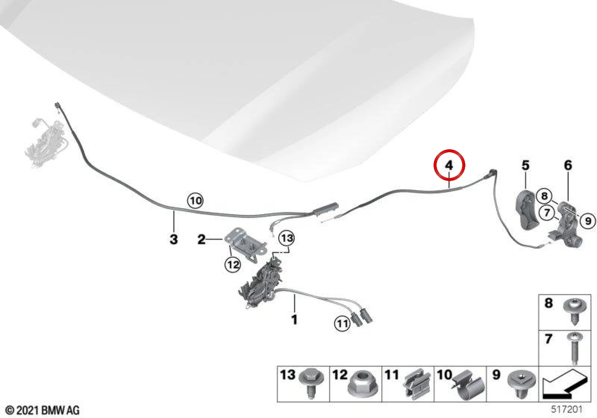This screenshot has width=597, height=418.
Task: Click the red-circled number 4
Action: tap(449, 166)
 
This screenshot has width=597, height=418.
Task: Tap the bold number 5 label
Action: tap(525, 166)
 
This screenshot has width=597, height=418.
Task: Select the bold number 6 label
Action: tap(568, 166)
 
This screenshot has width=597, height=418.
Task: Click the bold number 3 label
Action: tap(174, 239)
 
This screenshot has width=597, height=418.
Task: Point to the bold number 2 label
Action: tap(201, 239)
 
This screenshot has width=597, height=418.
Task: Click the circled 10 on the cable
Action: tap(196, 201)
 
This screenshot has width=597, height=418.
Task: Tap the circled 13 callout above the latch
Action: tap(287, 238)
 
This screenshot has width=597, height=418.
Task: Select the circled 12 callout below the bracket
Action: tap(233, 265)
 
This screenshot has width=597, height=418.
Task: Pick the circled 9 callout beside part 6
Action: tap(588, 221)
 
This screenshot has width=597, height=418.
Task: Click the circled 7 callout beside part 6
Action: tap(547, 212)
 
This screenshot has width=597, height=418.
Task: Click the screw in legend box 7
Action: tap(574, 348)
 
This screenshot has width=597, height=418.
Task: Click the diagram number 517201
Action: tap(567, 409)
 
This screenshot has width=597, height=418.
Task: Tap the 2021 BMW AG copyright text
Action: tap(43, 410)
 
